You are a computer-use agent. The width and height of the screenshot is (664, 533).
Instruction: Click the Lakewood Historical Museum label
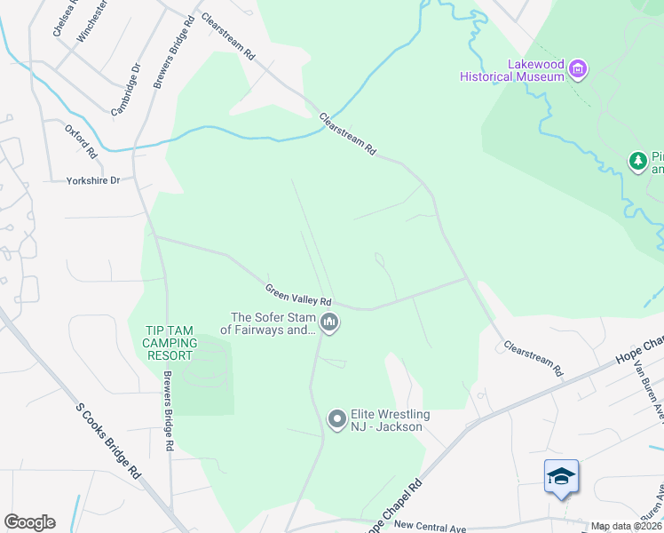[x=512, y=70]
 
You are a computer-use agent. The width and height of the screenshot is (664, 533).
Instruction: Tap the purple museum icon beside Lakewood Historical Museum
[x=579, y=68]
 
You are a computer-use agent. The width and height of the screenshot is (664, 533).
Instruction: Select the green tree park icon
[x=637, y=161]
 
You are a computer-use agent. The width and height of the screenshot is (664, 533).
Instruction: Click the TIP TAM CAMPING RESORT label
[x=169, y=343]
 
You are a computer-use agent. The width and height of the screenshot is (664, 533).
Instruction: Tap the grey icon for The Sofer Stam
[x=329, y=322]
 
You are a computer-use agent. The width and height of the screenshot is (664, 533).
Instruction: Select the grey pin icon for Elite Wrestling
[x=336, y=418]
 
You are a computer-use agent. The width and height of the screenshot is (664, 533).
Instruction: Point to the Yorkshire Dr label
[x=92, y=180]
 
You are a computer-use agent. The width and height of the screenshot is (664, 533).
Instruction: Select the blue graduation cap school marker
[x=561, y=477]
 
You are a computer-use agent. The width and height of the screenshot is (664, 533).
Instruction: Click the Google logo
[x=29, y=522]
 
